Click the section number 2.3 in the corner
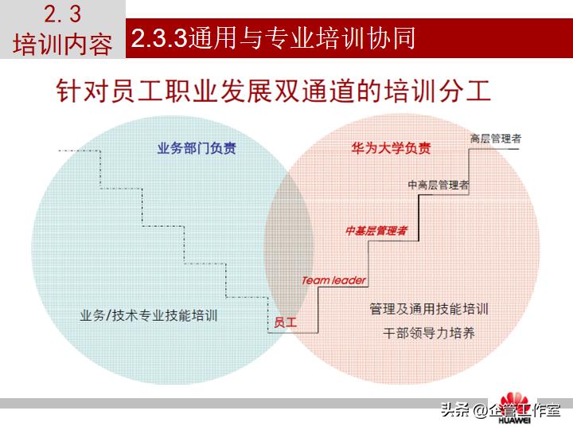[x=63, y=14]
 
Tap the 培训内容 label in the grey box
[x=63, y=43]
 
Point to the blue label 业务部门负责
[x=197, y=148]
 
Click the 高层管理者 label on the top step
[x=496, y=138]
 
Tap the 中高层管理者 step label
[x=439, y=185]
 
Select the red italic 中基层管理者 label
[x=376, y=231]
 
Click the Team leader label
[x=333, y=280]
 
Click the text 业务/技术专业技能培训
[x=149, y=315]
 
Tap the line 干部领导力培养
[x=429, y=333]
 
